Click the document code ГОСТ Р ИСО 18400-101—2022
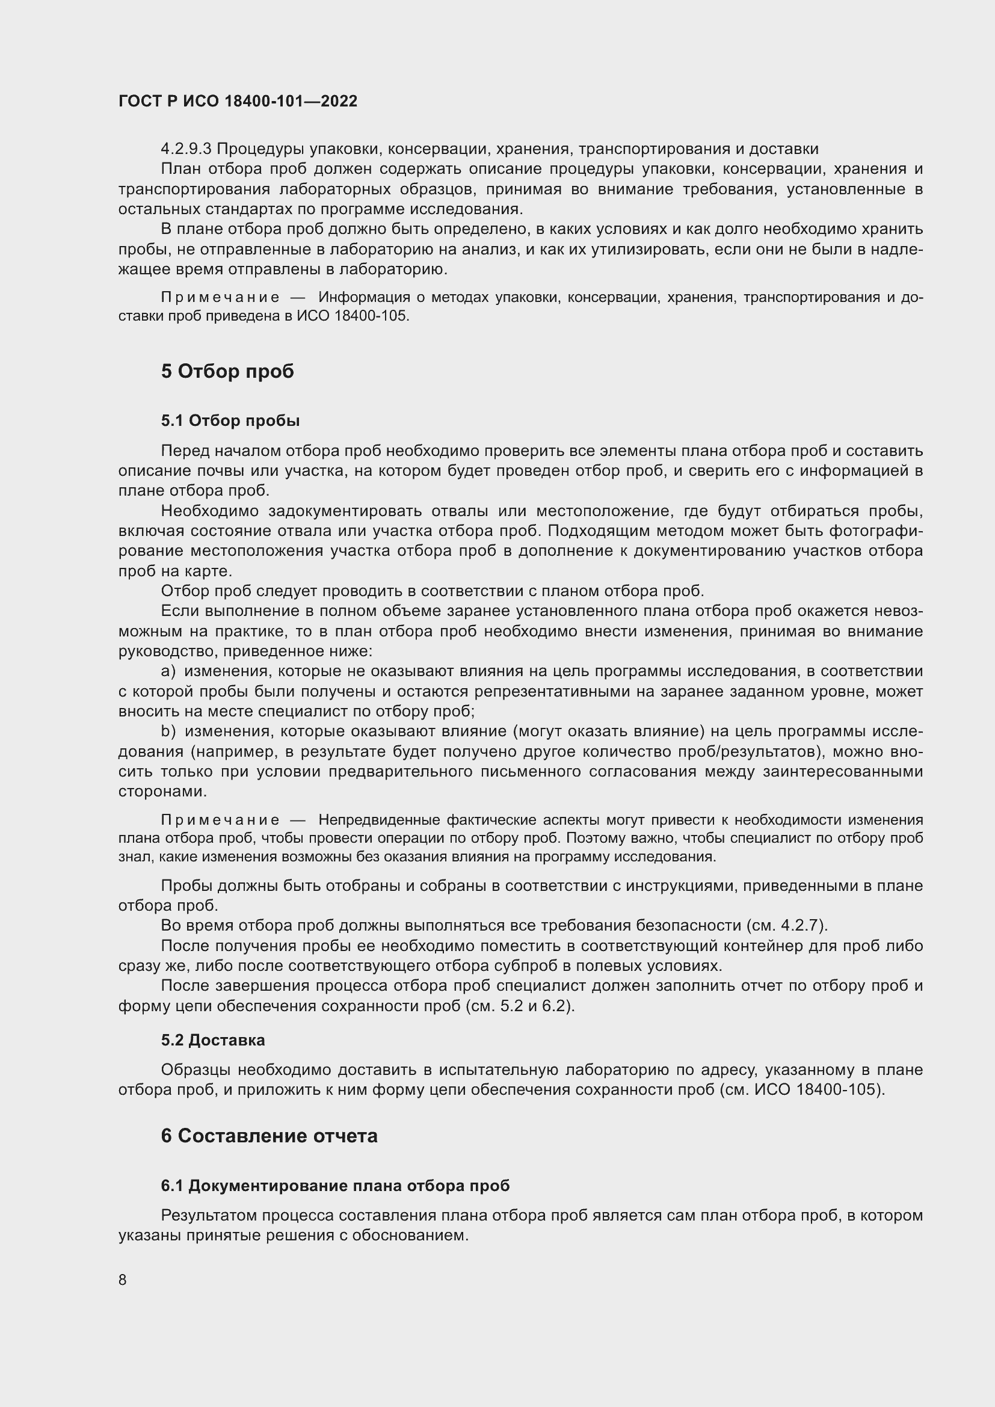tap(238, 102)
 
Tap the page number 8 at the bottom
tap(123, 1279)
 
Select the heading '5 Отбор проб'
tap(227, 371)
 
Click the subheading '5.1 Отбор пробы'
tap(230, 420)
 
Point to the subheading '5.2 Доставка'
tap(212, 1040)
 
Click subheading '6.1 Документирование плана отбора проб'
tap(335, 1186)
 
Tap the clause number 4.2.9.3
tap(186, 149)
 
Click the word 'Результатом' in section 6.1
tap(209, 1215)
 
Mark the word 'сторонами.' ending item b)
tap(162, 792)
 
